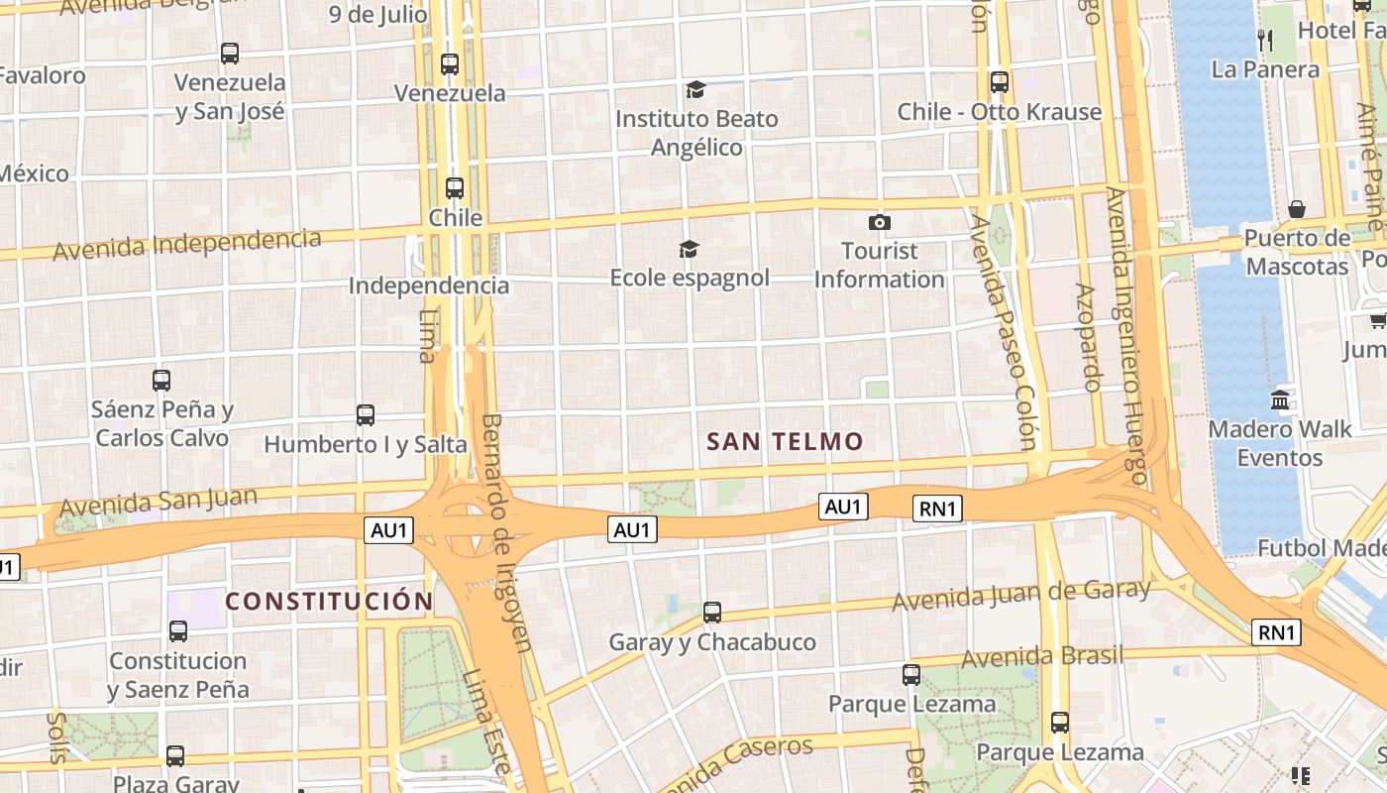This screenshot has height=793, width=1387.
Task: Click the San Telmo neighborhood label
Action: point(785,442)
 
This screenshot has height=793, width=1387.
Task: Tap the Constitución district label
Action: point(329,602)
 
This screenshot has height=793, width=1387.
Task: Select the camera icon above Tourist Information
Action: point(879,222)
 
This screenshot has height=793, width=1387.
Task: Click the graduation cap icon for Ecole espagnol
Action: point(689,249)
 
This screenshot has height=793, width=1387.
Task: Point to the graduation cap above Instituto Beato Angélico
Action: point(695,90)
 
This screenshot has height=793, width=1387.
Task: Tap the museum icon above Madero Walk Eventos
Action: point(1279,400)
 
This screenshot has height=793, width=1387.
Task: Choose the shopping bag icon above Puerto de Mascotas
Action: point(1296,209)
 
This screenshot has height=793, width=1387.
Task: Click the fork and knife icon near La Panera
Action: point(1264,41)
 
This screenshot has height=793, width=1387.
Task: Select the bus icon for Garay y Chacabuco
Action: point(711,613)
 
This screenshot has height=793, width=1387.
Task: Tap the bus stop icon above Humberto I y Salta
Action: point(365,415)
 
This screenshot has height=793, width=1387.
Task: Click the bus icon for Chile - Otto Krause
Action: point(999,82)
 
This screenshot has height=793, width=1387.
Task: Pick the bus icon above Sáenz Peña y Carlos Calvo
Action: point(160,380)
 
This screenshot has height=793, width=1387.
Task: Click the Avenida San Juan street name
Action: point(159,503)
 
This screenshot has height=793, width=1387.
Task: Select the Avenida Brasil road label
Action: point(1042,656)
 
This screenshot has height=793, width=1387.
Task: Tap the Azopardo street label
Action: point(1088,338)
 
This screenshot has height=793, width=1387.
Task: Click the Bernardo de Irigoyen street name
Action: point(506,533)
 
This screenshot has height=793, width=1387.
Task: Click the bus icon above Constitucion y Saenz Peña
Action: point(178,631)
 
